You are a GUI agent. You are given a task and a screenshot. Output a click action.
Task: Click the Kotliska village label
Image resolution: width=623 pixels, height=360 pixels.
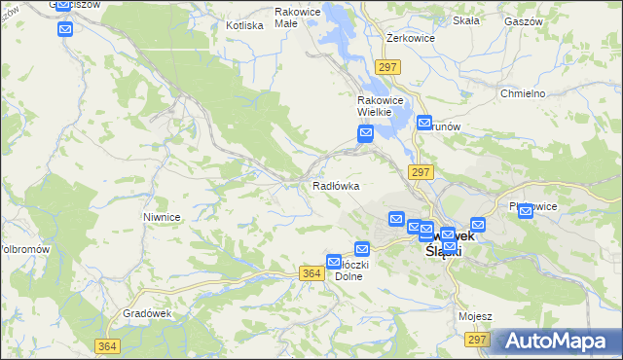(x=244, y=25)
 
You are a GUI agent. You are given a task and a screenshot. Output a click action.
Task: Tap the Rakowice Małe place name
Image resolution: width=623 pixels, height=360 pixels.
(x=298, y=18)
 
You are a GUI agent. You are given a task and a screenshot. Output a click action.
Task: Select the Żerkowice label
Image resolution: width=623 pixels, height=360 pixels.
(x=409, y=37)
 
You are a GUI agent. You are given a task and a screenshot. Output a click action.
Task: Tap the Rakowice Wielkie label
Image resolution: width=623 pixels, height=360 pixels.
(x=374, y=106)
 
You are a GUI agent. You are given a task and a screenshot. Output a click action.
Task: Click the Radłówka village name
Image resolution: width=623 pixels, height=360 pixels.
(x=336, y=185)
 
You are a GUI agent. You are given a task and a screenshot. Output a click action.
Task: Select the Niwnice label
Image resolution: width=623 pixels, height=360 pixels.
(x=162, y=217)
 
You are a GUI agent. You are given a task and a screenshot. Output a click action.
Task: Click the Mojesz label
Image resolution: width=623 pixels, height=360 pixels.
(x=475, y=317)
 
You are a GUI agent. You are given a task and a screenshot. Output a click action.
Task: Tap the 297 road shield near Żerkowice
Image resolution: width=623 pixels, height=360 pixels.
(x=387, y=66)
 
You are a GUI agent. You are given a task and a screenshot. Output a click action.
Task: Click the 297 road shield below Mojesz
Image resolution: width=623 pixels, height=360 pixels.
(x=476, y=339)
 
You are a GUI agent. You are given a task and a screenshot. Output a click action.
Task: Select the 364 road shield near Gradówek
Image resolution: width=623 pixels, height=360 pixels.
(x=108, y=346)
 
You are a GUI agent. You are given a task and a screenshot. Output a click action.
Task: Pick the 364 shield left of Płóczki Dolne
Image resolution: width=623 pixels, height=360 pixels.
(x=312, y=274)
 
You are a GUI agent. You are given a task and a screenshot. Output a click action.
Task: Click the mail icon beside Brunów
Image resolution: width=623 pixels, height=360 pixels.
(x=424, y=124)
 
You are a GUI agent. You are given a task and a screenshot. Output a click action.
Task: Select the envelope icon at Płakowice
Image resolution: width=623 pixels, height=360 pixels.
(x=526, y=212)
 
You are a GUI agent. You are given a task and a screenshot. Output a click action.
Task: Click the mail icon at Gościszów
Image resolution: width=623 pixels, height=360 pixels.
(x=65, y=29)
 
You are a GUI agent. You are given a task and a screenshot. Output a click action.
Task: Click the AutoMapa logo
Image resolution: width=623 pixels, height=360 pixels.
(x=557, y=341)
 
